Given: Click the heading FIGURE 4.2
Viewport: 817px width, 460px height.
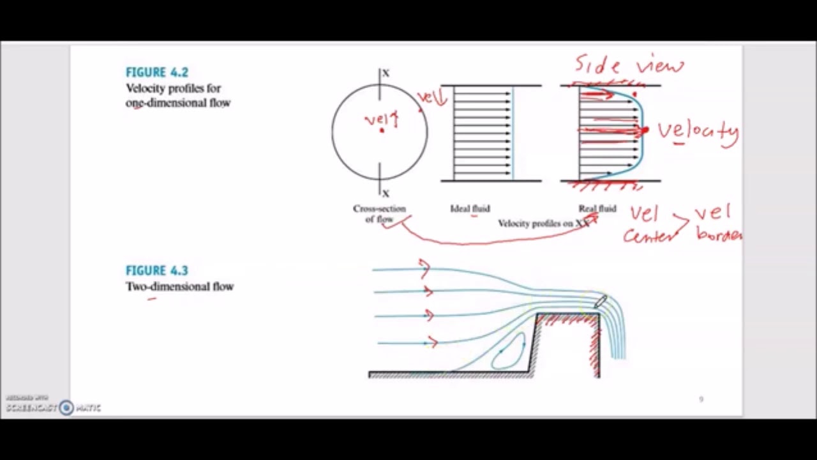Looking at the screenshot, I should (x=156, y=72).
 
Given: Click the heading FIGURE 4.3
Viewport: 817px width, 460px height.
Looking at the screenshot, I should (x=156, y=270).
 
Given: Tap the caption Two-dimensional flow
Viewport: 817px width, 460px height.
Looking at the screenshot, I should (x=179, y=286).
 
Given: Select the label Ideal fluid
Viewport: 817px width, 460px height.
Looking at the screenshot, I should (x=470, y=208).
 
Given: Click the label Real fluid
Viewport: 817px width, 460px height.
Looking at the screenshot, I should (x=597, y=208).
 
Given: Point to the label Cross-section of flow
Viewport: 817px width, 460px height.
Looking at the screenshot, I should (x=379, y=213).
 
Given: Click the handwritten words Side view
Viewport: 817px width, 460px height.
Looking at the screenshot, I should (x=629, y=65).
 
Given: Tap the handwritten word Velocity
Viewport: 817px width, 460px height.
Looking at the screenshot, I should (x=698, y=132).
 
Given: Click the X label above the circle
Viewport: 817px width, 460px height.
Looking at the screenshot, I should (x=386, y=73).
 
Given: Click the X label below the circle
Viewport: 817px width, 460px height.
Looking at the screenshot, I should (x=386, y=193).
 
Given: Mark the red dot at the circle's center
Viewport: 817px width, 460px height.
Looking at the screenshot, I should (x=382, y=130).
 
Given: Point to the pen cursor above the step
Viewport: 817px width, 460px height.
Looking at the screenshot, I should (x=601, y=302).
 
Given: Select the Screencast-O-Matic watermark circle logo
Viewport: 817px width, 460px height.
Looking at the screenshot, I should (x=66, y=408).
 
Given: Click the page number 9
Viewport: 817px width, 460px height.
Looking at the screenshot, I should (x=701, y=399).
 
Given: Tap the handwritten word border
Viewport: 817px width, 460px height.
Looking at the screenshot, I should (x=719, y=234).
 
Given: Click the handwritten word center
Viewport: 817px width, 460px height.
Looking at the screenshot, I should (x=647, y=236).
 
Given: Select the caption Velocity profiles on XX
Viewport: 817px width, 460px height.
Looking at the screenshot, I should (x=543, y=223).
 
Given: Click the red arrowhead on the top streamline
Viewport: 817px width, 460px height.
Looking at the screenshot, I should (x=424, y=268).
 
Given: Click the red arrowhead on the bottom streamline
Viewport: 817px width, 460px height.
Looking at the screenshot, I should (x=433, y=342).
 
